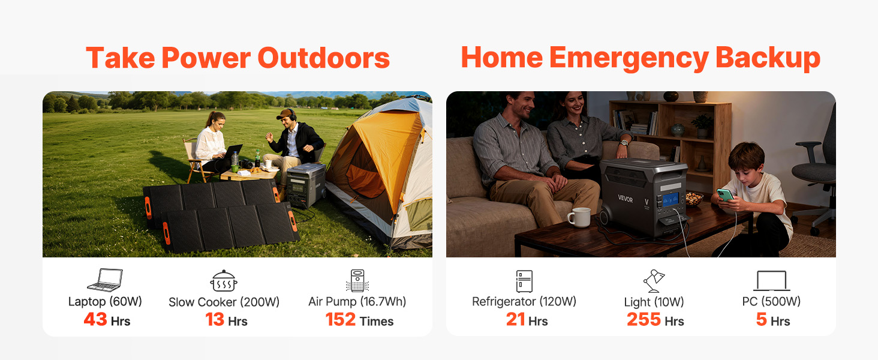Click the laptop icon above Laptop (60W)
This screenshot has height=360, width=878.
(105, 280)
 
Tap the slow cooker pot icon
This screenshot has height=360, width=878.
(224, 281)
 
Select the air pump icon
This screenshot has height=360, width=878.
(357, 280)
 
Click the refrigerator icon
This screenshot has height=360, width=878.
(524, 281)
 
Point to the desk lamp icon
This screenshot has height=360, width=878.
(654, 281)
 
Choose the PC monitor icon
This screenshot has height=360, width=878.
(771, 280)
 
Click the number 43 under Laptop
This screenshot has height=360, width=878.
(95, 319)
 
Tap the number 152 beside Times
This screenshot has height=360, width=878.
(340, 319)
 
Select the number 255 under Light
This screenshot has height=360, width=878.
(644, 319)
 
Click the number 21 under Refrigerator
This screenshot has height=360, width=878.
(515, 319)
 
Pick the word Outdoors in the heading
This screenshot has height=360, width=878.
(323, 58)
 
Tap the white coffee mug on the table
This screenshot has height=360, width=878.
(579, 217)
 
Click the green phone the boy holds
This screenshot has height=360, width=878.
(725, 194)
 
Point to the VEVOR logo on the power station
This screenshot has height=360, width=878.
(625, 199)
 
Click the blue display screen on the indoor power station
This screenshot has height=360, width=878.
(670, 200)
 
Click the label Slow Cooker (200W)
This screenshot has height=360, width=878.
(224, 302)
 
